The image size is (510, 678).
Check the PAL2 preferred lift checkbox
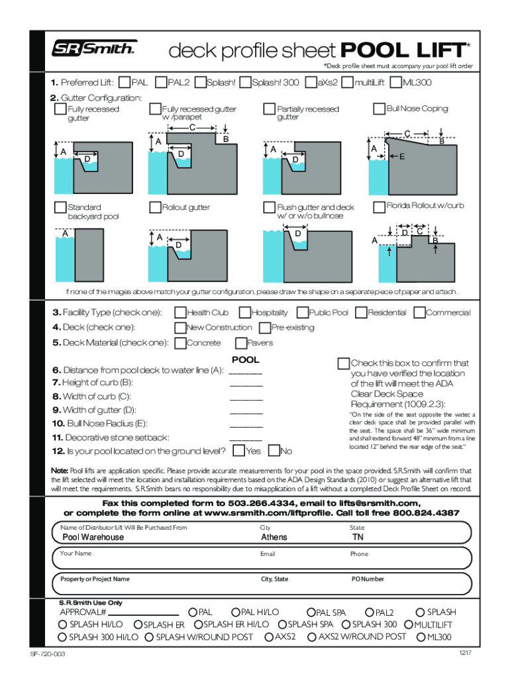[160, 83]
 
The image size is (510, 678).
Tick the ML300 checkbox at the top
[395, 83]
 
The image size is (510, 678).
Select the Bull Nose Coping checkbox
[380, 109]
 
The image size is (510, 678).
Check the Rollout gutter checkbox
[156, 207]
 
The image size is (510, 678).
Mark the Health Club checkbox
[180, 313]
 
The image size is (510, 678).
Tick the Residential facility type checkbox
[362, 313]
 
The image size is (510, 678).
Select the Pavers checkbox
[240, 343]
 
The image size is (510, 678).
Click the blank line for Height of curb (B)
[246, 385]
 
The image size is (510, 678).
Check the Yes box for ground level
[238, 452]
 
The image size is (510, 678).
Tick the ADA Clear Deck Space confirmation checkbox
[343, 363]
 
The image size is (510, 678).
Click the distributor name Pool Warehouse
[93, 538]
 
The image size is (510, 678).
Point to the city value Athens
[274, 538]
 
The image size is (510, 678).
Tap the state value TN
[358, 538]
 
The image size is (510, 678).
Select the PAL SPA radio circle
[311, 613]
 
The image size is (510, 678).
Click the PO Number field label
[368, 579]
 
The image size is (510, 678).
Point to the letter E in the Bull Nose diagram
[401, 156]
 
